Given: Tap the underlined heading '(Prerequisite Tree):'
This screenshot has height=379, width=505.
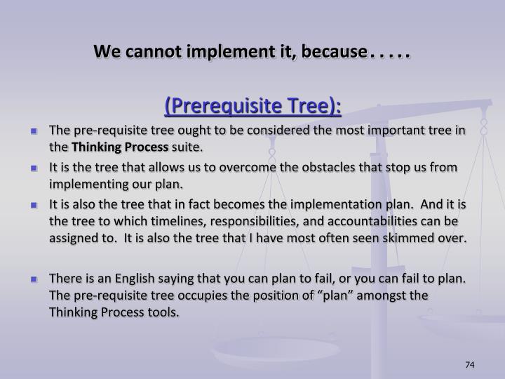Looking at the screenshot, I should click(252, 105).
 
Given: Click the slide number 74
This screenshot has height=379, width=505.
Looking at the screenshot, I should click(469, 364).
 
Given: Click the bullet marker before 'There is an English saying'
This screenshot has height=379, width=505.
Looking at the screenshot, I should click(34, 279).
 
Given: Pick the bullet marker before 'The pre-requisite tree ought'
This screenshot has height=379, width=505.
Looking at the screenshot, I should click(34, 131).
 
